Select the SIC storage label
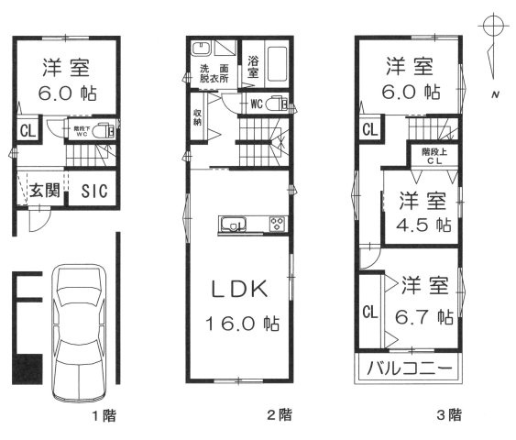[92, 192]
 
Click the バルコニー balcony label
[410, 370]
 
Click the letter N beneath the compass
[495, 94]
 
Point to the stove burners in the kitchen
[277, 224]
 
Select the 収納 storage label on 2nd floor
[197, 116]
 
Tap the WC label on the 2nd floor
[257, 104]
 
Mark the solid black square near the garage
[27, 368]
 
